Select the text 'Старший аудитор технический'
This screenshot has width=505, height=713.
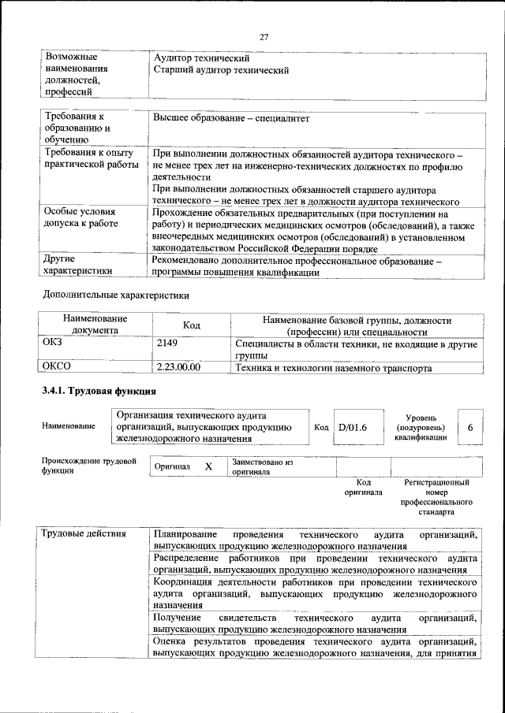click(221, 70)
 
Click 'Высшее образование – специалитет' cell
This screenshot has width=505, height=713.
click(232, 119)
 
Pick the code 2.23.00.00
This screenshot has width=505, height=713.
click(179, 367)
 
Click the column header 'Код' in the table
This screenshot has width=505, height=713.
click(192, 325)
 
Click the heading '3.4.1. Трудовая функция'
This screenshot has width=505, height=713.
click(99, 391)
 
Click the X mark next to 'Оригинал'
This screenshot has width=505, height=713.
click(209, 466)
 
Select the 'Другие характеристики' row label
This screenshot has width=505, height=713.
click(77, 265)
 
